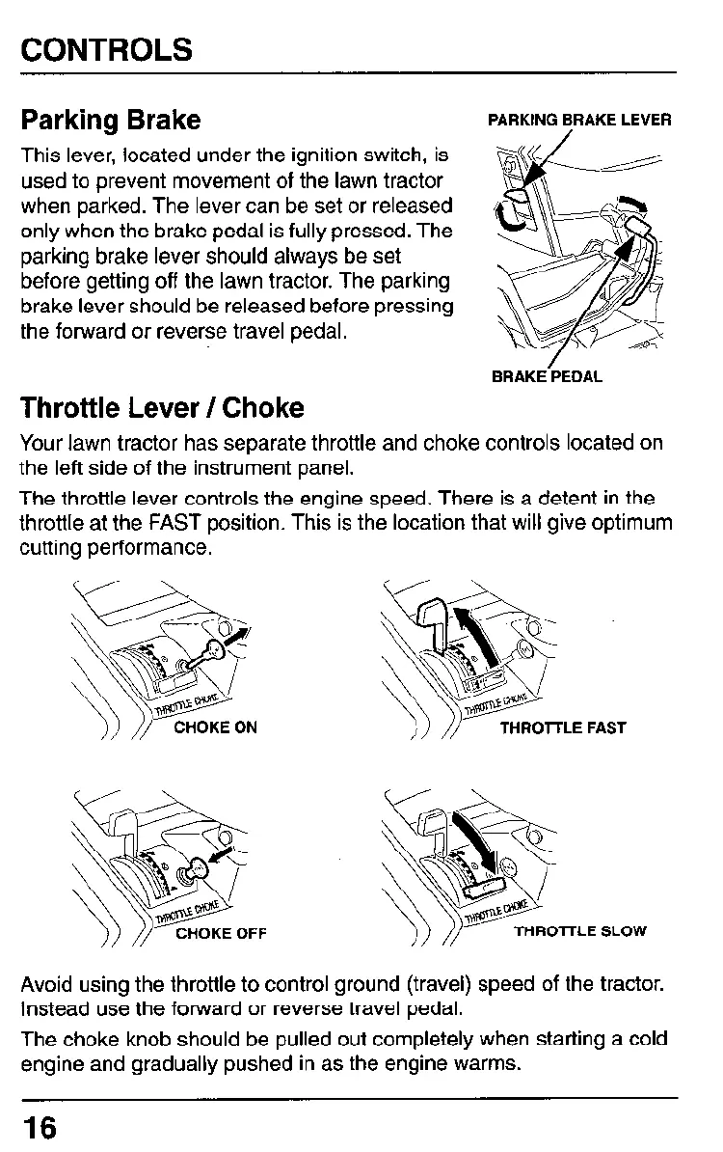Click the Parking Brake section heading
click(111, 121)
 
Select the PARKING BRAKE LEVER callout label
click(579, 121)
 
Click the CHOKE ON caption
click(215, 727)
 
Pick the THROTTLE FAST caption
click(563, 727)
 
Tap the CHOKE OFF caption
click(220, 933)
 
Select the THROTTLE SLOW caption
click(579, 932)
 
